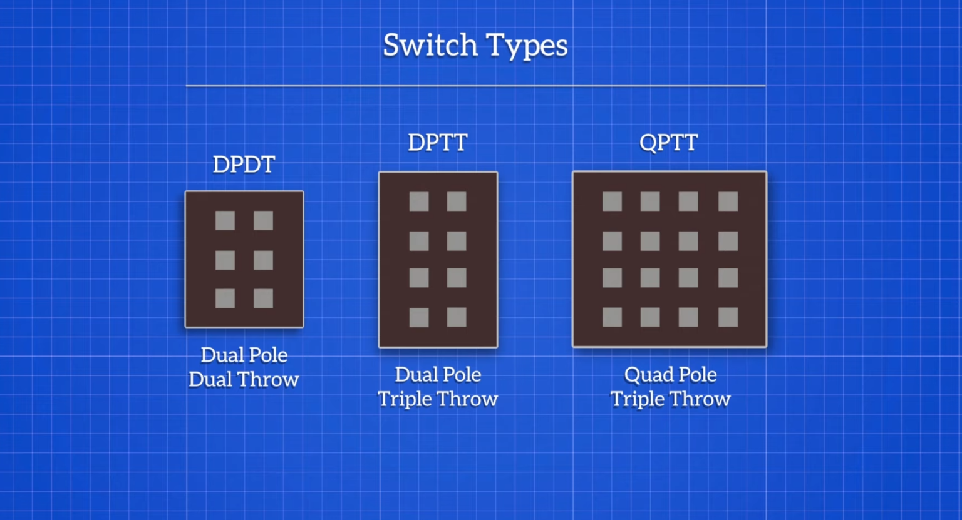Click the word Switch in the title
pos(430,45)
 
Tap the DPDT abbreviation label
pos(244,165)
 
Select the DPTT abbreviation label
pos(437,143)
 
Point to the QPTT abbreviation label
pos(668,143)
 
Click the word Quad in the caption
pos(645,375)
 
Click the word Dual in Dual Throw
pos(210,380)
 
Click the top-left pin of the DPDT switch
pos(225,220)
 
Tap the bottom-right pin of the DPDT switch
pos(263,298)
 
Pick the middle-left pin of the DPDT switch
pos(225,260)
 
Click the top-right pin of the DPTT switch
pos(457,201)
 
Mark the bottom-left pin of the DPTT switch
pos(419,317)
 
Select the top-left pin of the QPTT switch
pos(612,201)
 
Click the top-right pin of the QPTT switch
pos(728,201)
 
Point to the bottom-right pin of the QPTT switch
pos(728,317)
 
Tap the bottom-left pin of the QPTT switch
pos(612,317)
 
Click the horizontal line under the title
pos(475,86)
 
